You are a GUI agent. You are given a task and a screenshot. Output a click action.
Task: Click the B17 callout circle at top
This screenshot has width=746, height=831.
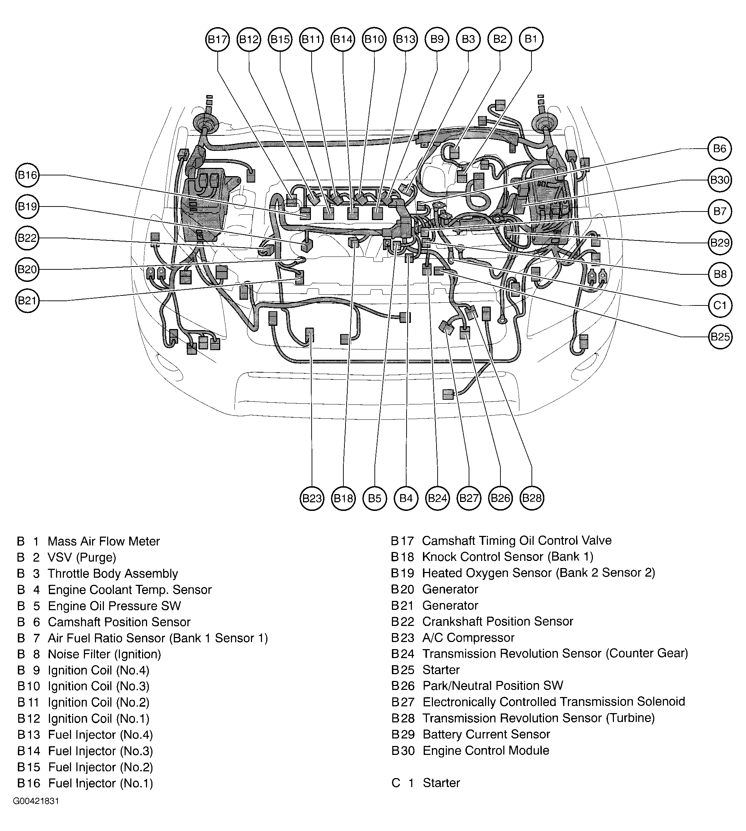(x=217, y=39)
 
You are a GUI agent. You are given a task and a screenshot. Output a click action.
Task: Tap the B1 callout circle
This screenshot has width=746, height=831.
(x=531, y=39)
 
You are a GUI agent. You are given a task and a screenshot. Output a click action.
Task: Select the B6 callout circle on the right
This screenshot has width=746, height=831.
(x=720, y=149)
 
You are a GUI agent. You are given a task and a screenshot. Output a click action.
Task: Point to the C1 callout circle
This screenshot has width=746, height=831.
(x=720, y=305)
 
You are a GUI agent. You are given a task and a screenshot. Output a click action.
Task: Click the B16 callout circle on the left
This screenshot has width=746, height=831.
(x=27, y=175)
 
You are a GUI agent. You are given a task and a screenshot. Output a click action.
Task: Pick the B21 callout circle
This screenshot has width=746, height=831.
(x=27, y=301)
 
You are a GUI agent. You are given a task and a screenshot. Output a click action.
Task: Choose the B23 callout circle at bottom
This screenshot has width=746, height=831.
(x=312, y=498)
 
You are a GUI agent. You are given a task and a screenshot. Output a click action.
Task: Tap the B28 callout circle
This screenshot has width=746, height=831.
(x=531, y=498)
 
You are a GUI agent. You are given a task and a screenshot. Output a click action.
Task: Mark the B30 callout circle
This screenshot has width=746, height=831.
(x=720, y=180)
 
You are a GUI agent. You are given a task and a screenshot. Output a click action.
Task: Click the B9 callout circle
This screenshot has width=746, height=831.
(x=437, y=39)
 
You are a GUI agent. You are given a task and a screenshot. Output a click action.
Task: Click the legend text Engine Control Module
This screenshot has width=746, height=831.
(x=486, y=751)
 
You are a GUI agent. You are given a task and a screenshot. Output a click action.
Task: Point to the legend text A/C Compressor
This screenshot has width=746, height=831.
(x=468, y=638)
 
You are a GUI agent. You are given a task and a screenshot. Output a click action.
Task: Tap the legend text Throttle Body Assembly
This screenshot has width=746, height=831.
(x=113, y=573)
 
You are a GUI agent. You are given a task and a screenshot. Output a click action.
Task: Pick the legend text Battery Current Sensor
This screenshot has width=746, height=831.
(x=486, y=734)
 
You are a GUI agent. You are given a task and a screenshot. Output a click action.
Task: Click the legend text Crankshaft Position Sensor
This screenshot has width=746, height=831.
(x=498, y=621)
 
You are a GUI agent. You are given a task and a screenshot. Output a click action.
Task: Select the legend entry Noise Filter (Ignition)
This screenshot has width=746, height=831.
(x=104, y=654)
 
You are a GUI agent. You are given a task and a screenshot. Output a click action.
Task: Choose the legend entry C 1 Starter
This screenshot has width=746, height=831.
(x=426, y=783)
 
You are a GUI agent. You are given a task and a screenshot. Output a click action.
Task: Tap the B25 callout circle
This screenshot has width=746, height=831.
(x=720, y=337)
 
